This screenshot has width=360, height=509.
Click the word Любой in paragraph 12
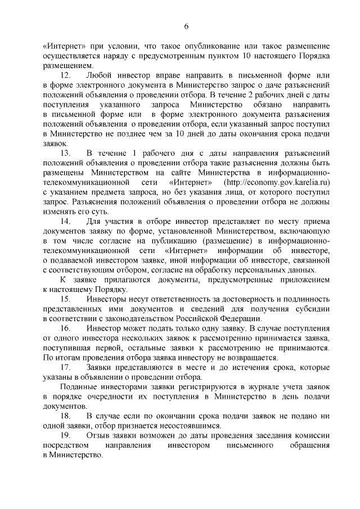(99, 75)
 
